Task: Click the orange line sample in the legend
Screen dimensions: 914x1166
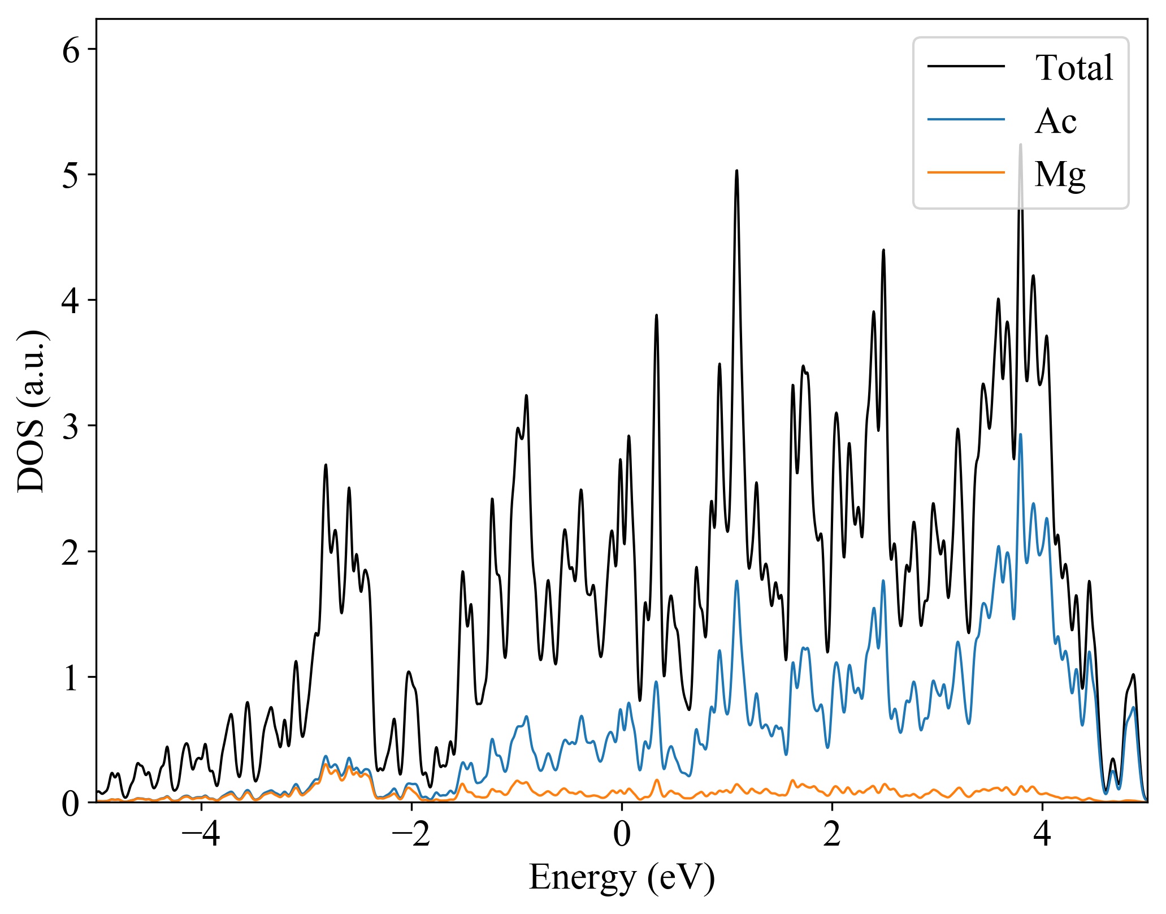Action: [x=966, y=172]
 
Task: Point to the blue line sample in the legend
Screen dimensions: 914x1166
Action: [x=966, y=119]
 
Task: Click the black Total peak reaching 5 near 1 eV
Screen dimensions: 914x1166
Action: [x=736, y=171]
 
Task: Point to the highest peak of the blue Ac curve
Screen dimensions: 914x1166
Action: [x=1020, y=435]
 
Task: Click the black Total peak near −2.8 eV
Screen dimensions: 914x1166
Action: [x=326, y=465]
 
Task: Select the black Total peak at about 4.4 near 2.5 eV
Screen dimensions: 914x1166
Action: [x=883, y=250]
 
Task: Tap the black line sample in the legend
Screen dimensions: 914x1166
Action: [x=966, y=66]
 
